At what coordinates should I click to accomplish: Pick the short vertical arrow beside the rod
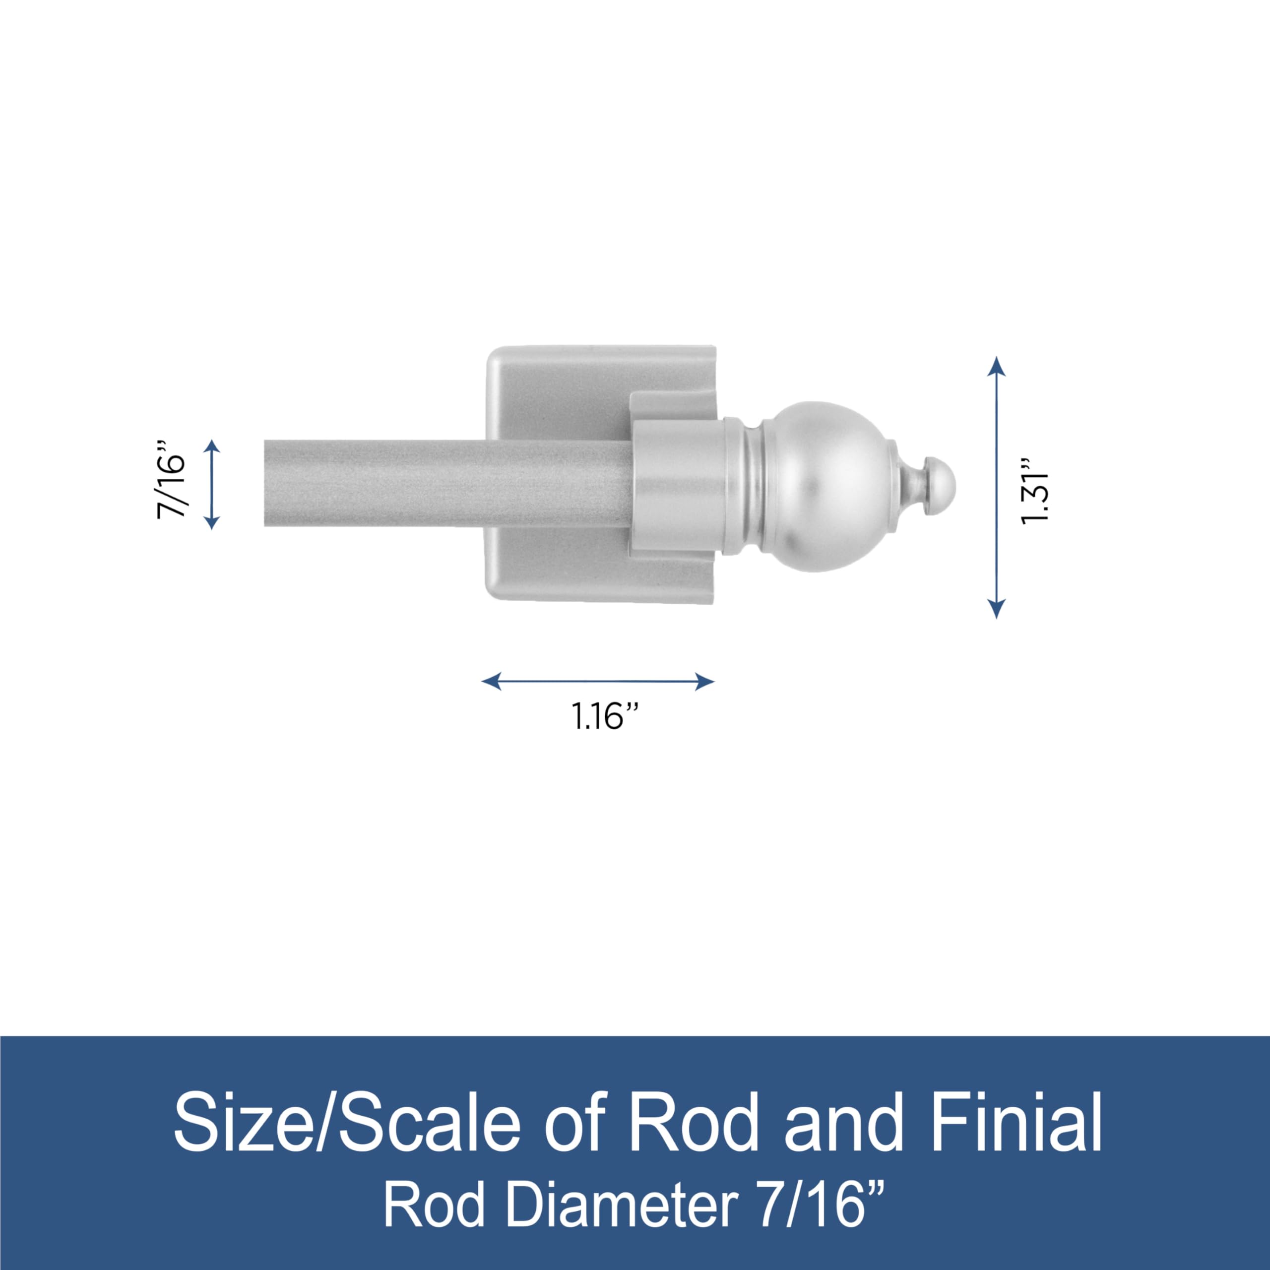coord(212,485)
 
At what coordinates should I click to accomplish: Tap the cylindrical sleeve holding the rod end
coord(677,487)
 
